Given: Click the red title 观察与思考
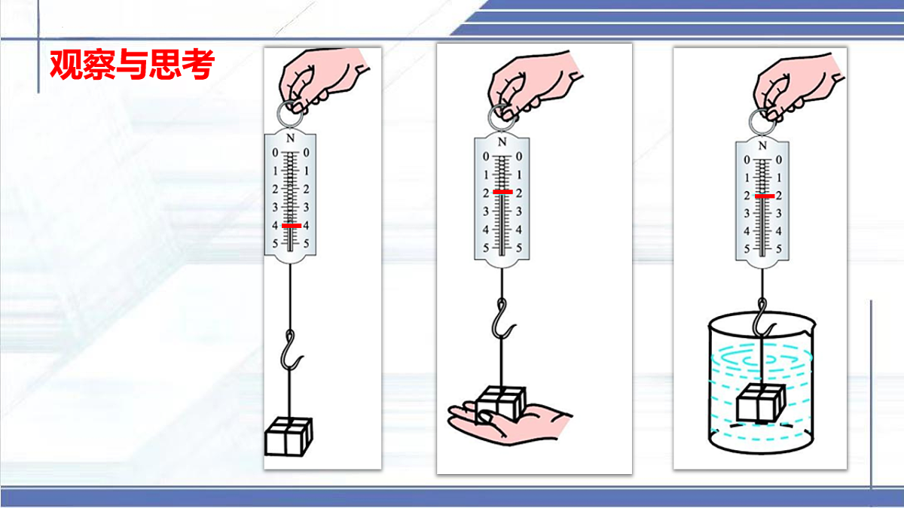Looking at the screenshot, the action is (132, 65).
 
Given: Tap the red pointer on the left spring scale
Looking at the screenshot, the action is (292, 225).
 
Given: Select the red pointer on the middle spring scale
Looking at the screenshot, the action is (503, 192).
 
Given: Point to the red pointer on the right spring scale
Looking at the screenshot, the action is (765, 196).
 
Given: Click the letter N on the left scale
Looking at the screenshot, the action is (290, 138).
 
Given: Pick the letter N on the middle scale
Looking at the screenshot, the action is (502, 142).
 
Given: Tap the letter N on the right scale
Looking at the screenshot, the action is (762, 145).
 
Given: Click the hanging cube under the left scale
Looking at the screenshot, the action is (289, 437).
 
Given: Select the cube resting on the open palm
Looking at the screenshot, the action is (501, 403).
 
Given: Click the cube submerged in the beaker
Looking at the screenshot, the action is (761, 403).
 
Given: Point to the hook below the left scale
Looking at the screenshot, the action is (291, 350).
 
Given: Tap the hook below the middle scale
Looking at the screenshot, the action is (502, 318).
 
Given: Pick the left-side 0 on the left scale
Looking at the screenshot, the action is (275, 153).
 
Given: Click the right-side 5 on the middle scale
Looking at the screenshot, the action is (519, 248).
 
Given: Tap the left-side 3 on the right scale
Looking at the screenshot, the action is (747, 213).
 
